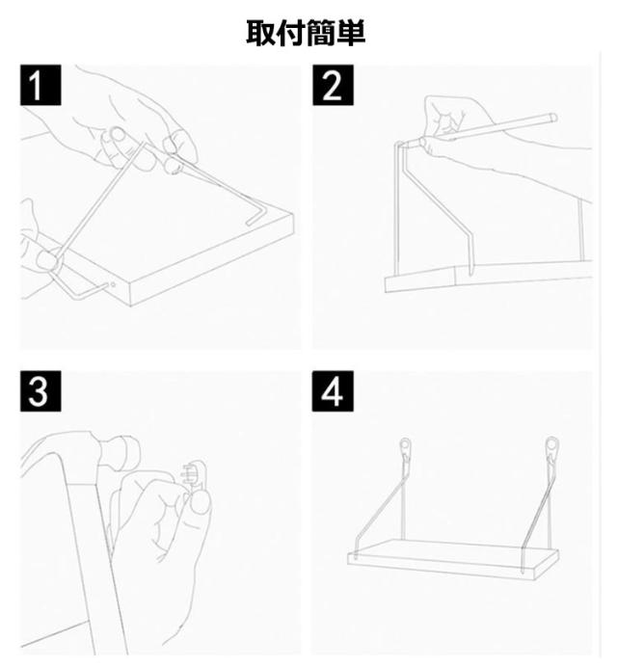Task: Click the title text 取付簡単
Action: click(x=306, y=33)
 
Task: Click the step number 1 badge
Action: click(x=40, y=85)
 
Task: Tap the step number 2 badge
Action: click(x=334, y=85)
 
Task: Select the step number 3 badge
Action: click(x=40, y=391)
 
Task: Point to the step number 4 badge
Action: click(x=333, y=391)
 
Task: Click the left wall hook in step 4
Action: click(x=406, y=451)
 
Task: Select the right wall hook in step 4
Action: click(x=551, y=451)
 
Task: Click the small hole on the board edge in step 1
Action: click(x=113, y=284)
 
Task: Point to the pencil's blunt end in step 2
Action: click(x=553, y=118)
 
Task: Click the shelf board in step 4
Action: click(x=453, y=557)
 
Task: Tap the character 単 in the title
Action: click(x=351, y=33)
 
